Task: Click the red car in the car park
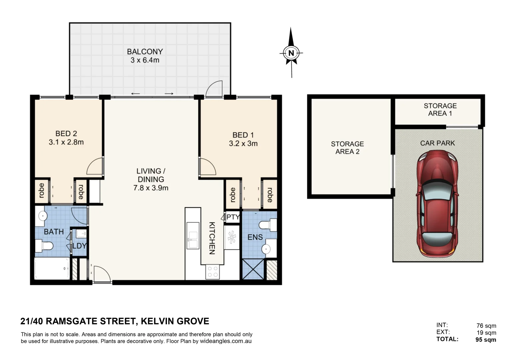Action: click(437, 203)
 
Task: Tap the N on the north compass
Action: click(291, 53)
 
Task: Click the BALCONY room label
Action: click(145, 52)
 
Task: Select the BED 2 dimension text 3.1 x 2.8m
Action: click(66, 142)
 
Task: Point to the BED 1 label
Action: click(243, 135)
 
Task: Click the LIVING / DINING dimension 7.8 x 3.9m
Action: click(151, 188)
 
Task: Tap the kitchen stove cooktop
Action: click(213, 272)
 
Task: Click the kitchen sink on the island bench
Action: click(193, 235)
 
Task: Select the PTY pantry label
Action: click(233, 217)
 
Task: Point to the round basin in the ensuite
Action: click(266, 249)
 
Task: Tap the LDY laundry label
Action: click(79, 246)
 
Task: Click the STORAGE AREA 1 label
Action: click(440, 110)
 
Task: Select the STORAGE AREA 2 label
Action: click(347, 148)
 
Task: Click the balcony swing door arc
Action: click(214, 89)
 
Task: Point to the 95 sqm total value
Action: click(486, 340)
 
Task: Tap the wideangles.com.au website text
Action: click(226, 341)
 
